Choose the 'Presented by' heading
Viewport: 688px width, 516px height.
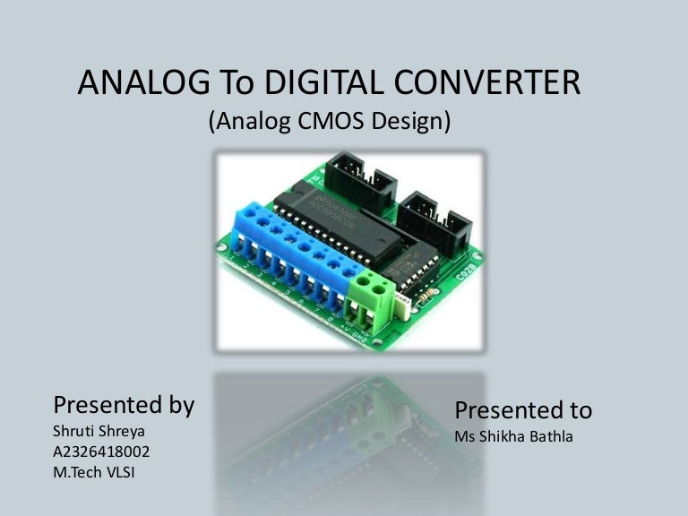(x=125, y=405)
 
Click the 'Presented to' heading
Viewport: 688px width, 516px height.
(x=523, y=410)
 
